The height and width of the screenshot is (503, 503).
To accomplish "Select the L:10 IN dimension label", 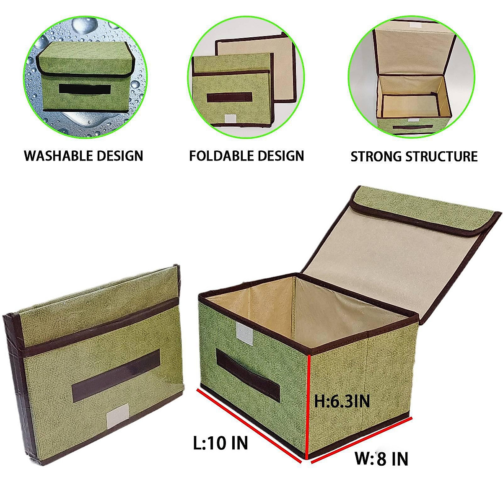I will [x=220, y=443].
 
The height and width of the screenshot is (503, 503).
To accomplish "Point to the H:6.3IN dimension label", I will [x=342, y=401].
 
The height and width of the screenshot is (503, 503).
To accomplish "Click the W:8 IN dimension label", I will [x=381, y=459].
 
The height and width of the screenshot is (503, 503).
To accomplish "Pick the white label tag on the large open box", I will [x=245, y=334].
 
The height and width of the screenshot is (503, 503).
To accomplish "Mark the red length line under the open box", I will [x=249, y=426].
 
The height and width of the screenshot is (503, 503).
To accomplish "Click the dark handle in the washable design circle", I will [x=85, y=89].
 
